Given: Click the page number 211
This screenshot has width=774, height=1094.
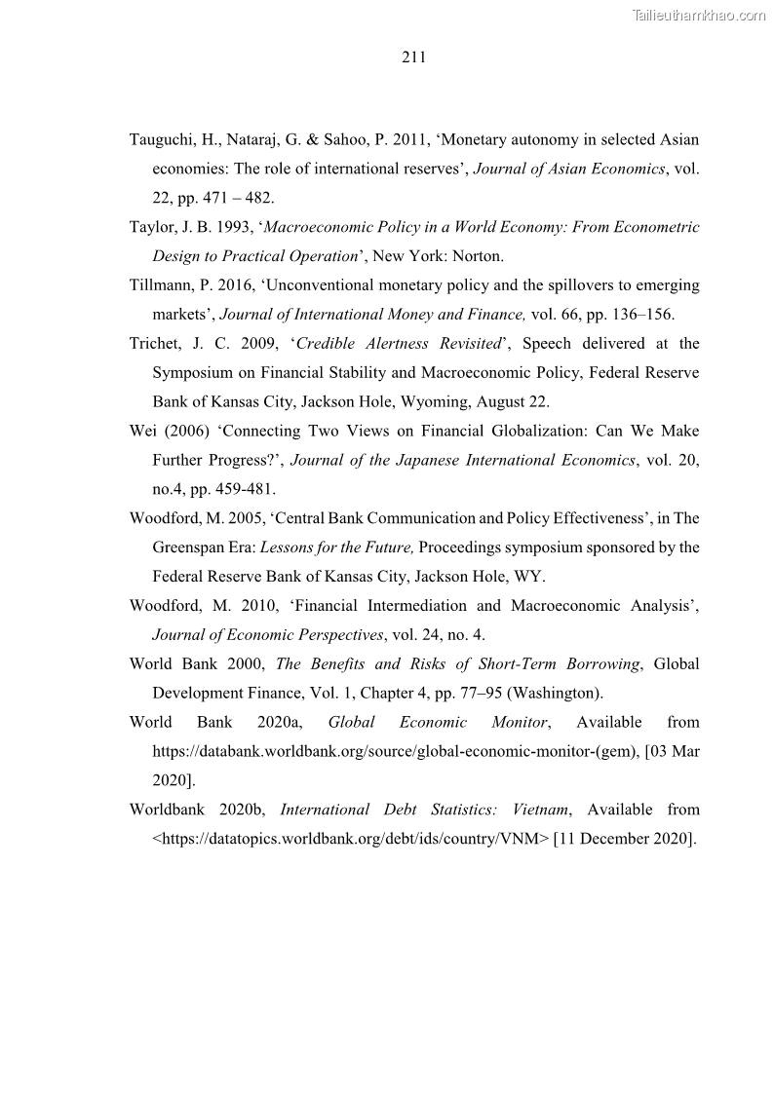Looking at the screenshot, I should click(x=413, y=57).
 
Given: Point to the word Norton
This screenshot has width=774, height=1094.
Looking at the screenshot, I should click(x=475, y=256).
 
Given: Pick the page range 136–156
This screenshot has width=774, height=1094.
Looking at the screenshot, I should click(x=638, y=315).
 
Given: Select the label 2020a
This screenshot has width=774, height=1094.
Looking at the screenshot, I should click(x=280, y=722).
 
